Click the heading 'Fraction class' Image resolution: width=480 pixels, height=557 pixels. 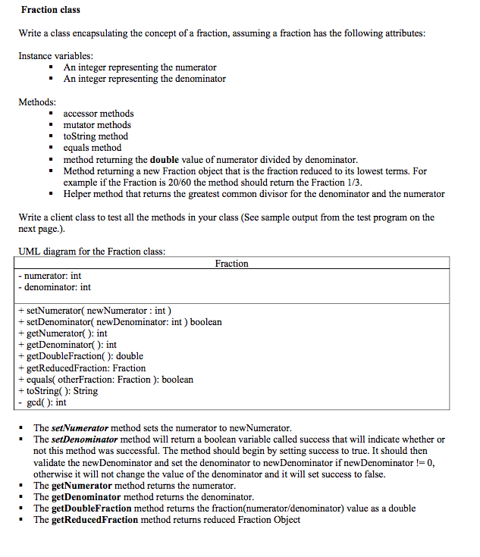click(x=50, y=10)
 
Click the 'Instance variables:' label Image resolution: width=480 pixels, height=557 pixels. click(x=55, y=56)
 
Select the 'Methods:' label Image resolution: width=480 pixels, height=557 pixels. click(x=37, y=102)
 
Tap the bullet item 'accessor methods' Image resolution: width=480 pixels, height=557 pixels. click(x=98, y=114)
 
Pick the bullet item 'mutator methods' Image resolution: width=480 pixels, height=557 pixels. click(x=96, y=125)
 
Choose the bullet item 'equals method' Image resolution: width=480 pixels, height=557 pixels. click(x=92, y=148)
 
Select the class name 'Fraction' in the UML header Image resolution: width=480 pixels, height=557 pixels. click(x=231, y=264)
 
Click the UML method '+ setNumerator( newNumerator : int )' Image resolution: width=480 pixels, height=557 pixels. click(x=95, y=310)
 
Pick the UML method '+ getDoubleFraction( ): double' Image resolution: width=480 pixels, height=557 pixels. click(x=80, y=356)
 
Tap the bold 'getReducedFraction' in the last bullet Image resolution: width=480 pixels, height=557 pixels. click(x=95, y=520)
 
